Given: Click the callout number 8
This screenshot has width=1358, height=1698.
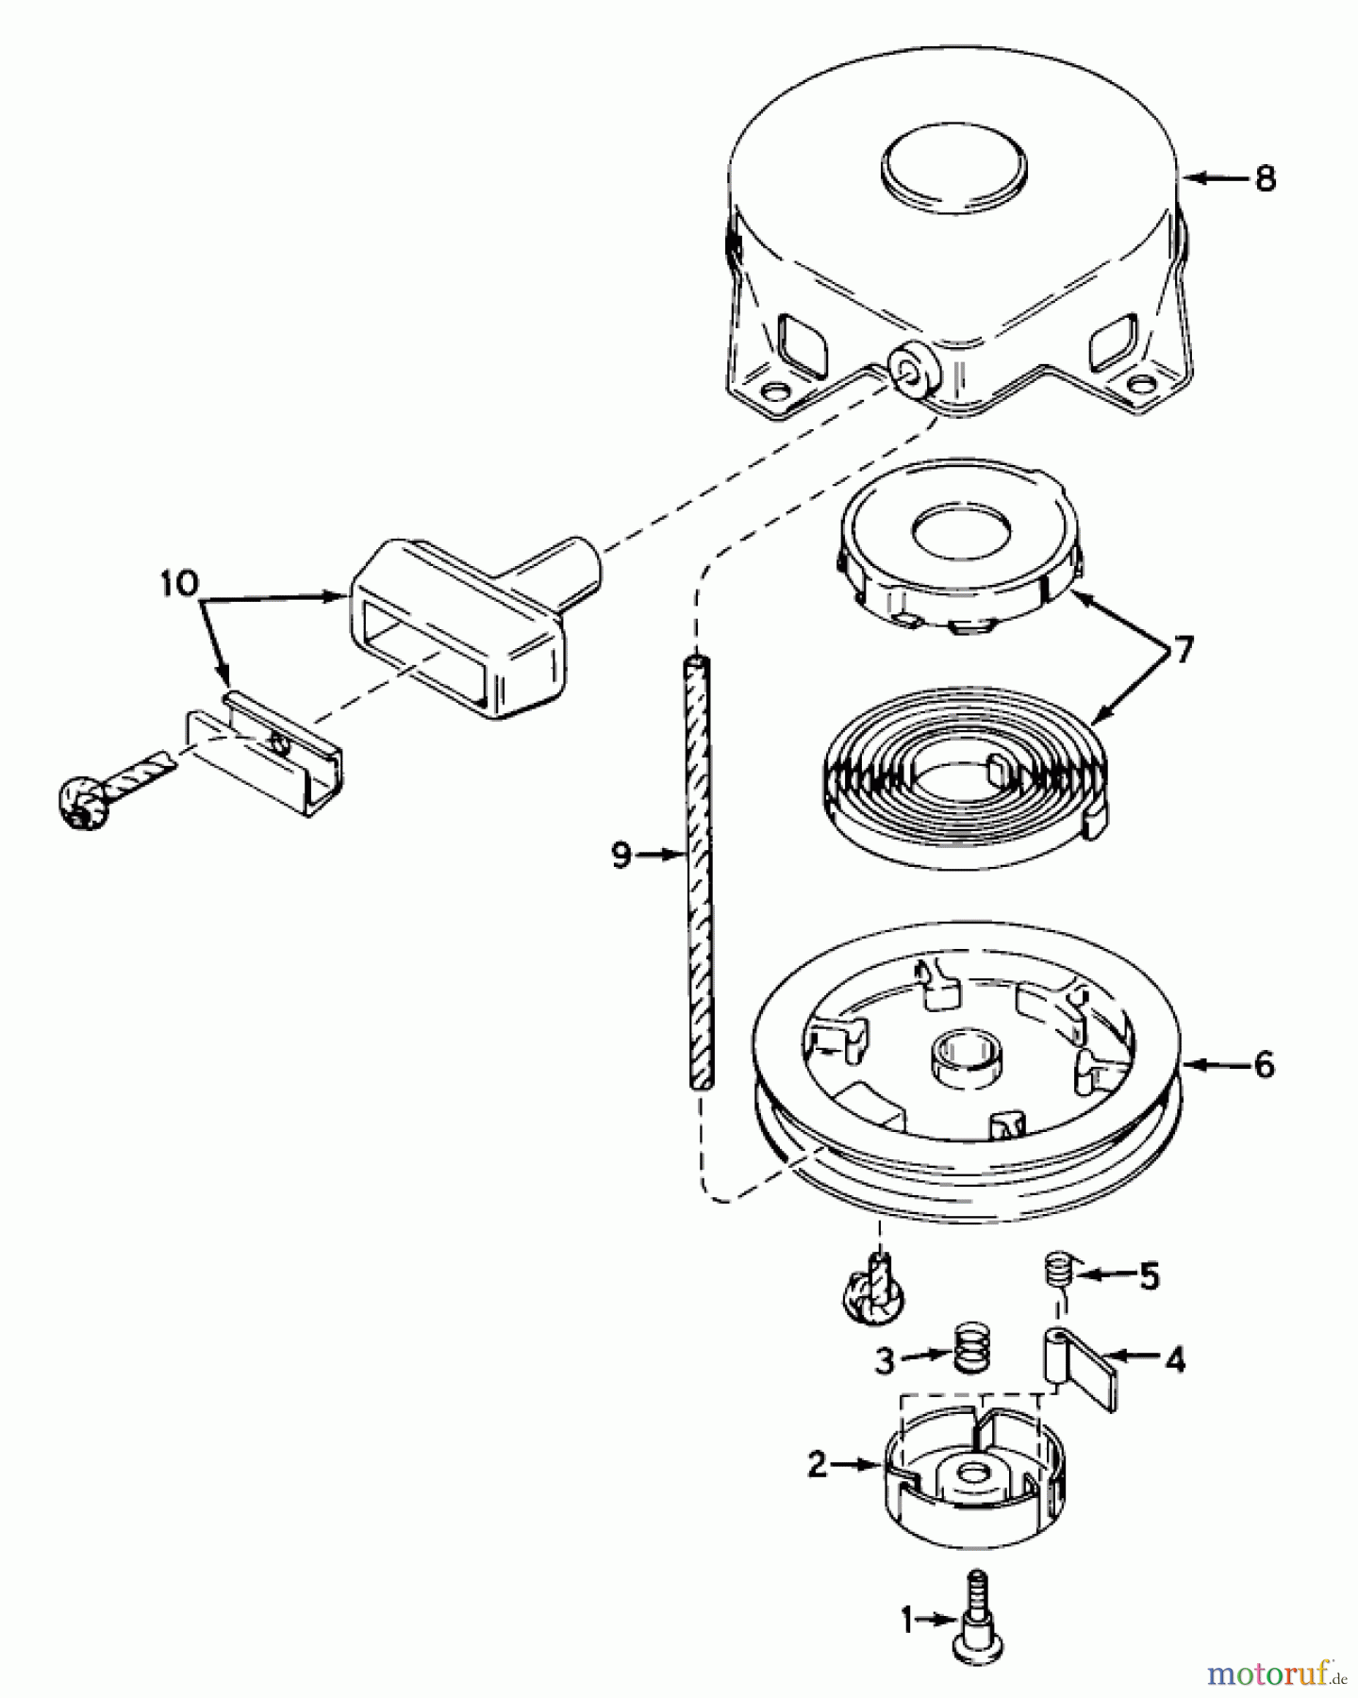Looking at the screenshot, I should click(1265, 177).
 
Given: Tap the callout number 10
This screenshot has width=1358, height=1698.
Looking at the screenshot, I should click(179, 583).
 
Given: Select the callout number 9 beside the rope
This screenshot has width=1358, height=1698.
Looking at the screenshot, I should click(621, 856).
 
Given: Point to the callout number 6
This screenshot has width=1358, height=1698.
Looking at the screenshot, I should click(1265, 1065).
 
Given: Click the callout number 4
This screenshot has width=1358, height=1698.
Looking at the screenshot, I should click(1174, 1360).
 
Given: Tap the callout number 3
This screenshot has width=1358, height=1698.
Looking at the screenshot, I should click(884, 1359).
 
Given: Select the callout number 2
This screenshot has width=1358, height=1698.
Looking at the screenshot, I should click(817, 1465).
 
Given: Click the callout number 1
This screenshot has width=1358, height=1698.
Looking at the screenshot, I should click(906, 1622).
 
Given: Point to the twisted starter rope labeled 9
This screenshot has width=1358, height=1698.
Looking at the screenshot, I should click(696, 877).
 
